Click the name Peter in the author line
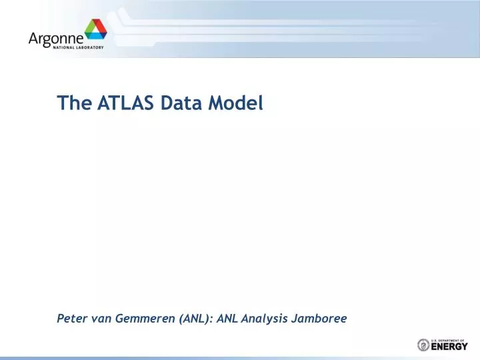71,319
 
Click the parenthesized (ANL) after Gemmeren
195,319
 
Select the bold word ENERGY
449,346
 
